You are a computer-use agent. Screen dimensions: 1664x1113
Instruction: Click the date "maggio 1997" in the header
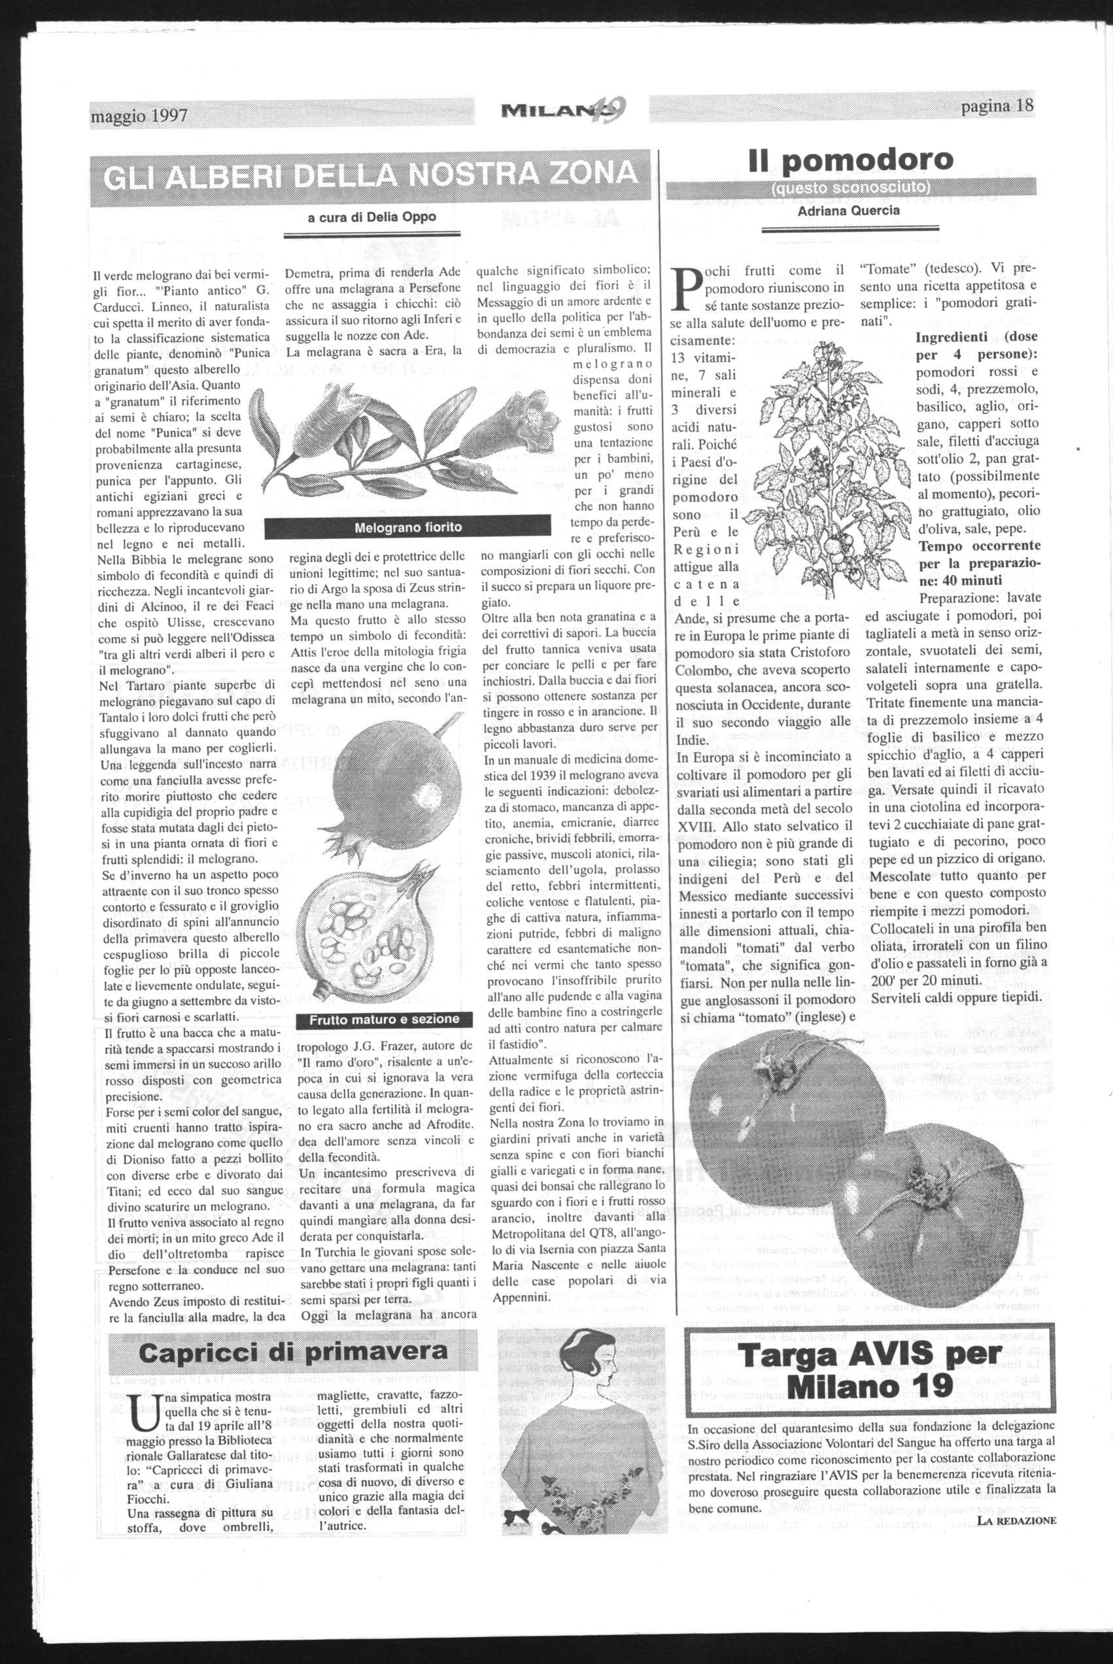tap(139, 115)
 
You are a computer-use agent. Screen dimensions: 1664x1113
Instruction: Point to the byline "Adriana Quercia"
tap(849, 210)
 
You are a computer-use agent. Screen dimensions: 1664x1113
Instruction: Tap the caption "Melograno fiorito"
tap(407, 527)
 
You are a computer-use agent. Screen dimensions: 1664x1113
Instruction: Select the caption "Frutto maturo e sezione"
tap(384, 1020)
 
